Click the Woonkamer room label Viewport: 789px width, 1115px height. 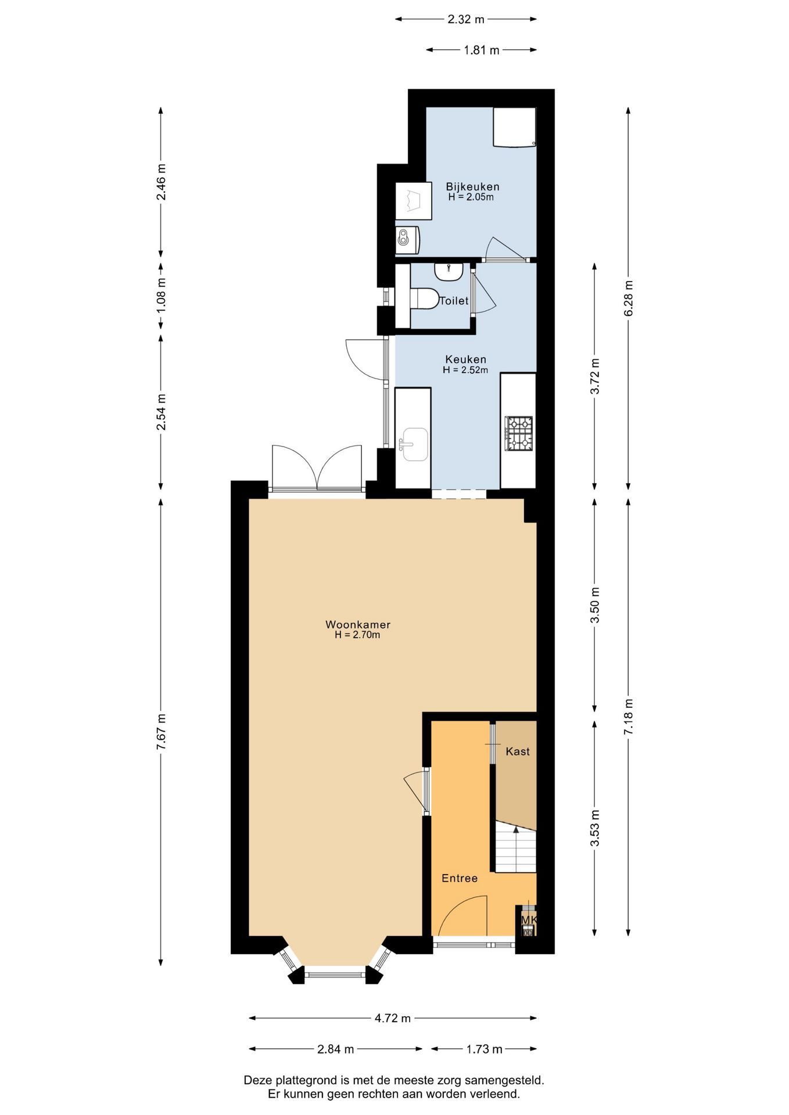[x=358, y=625]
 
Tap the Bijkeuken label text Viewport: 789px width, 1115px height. [x=472, y=186]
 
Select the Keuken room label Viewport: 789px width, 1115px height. [x=465, y=359]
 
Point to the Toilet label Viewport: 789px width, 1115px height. [x=454, y=301]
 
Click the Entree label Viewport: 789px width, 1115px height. [x=460, y=878]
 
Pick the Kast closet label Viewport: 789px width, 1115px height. [x=518, y=751]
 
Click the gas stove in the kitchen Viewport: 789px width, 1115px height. [x=518, y=433]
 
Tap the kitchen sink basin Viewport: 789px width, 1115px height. [x=414, y=444]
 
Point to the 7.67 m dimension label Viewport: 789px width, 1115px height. [x=162, y=731]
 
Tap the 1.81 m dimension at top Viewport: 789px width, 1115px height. [x=481, y=50]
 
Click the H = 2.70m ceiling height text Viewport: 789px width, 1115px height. [x=357, y=635]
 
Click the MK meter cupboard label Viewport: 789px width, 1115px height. [x=529, y=919]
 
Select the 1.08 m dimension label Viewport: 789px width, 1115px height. [x=162, y=295]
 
